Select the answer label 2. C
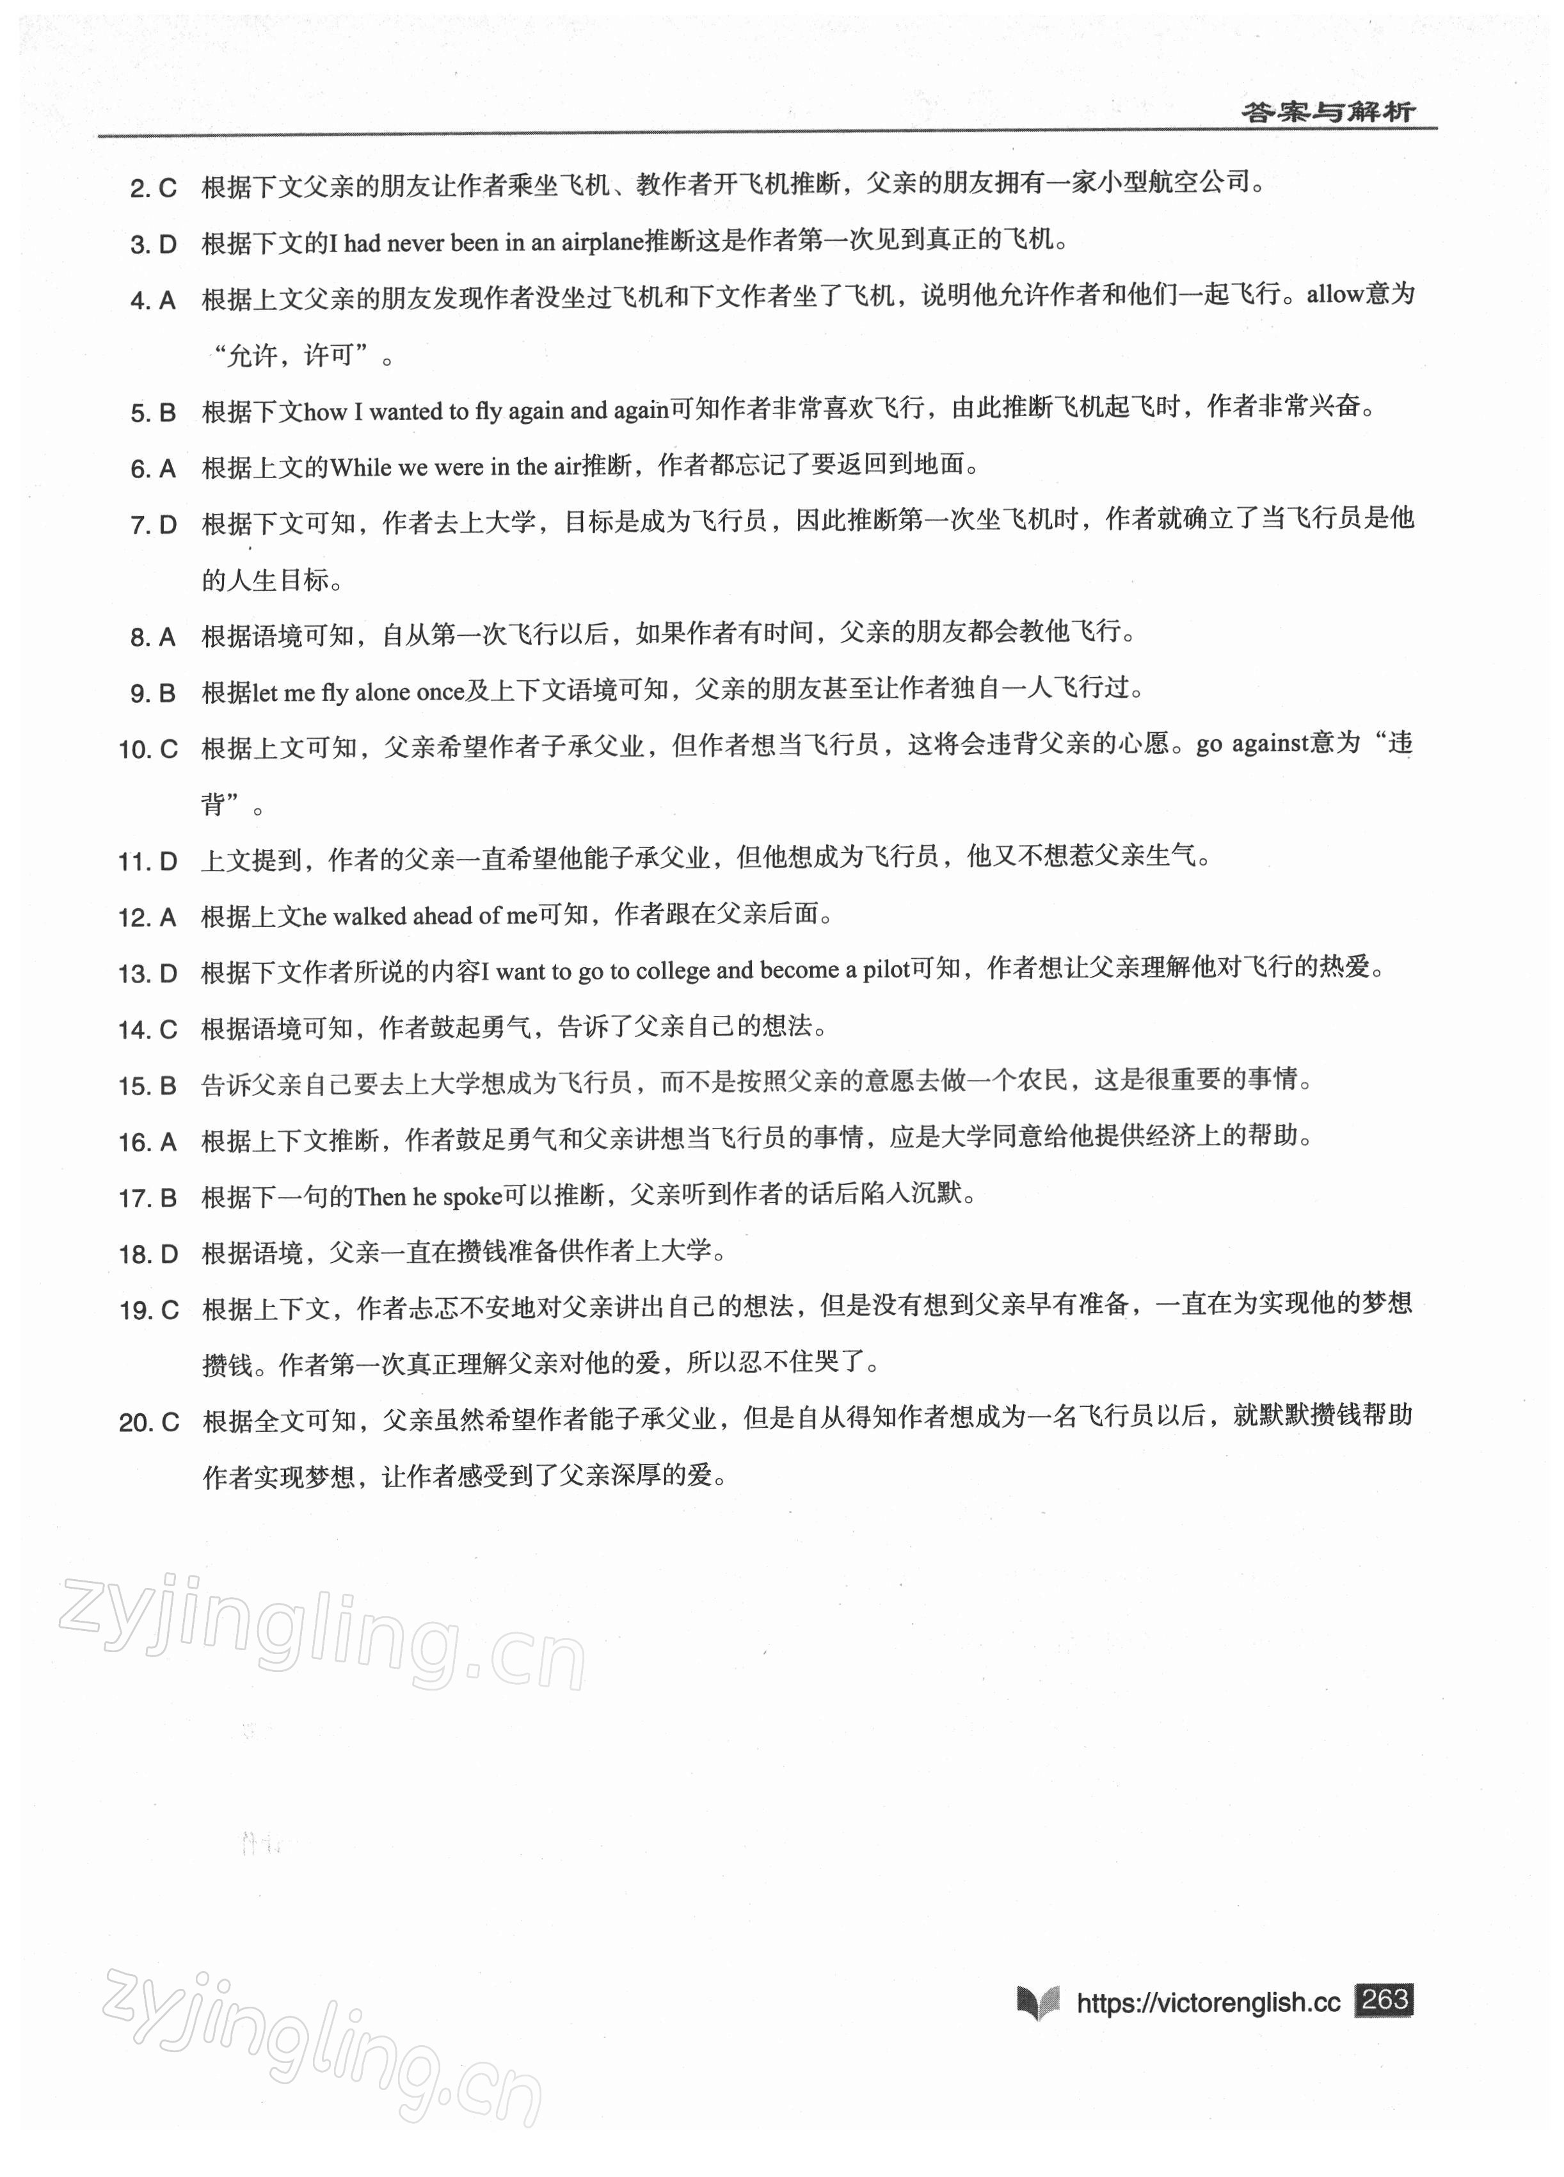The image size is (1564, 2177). coord(154,188)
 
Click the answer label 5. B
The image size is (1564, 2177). coord(154,413)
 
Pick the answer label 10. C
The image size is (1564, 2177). coord(148,750)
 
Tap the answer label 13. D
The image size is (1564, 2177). coord(148,974)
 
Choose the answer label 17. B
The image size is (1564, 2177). coord(148,1198)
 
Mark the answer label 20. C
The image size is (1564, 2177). coord(148,1422)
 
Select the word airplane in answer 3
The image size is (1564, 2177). coord(602,243)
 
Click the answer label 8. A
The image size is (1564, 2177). coord(154,638)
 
